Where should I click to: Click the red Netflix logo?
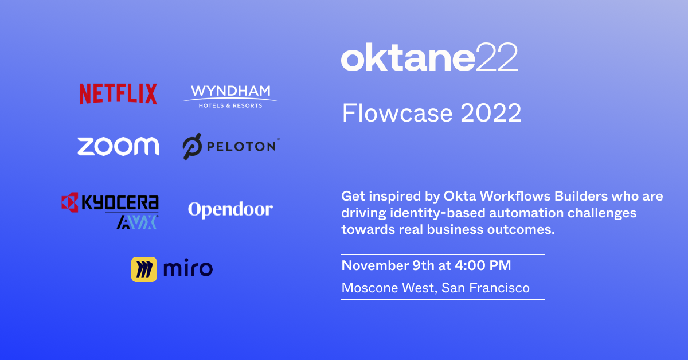click(118, 94)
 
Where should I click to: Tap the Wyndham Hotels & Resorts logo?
click(230, 96)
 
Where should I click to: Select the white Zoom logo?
click(118, 146)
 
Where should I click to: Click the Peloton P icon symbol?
click(192, 146)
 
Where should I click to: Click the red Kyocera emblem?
click(70, 202)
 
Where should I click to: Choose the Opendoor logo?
click(230, 210)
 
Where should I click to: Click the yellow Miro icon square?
click(144, 269)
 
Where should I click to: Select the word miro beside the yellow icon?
click(187, 268)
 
